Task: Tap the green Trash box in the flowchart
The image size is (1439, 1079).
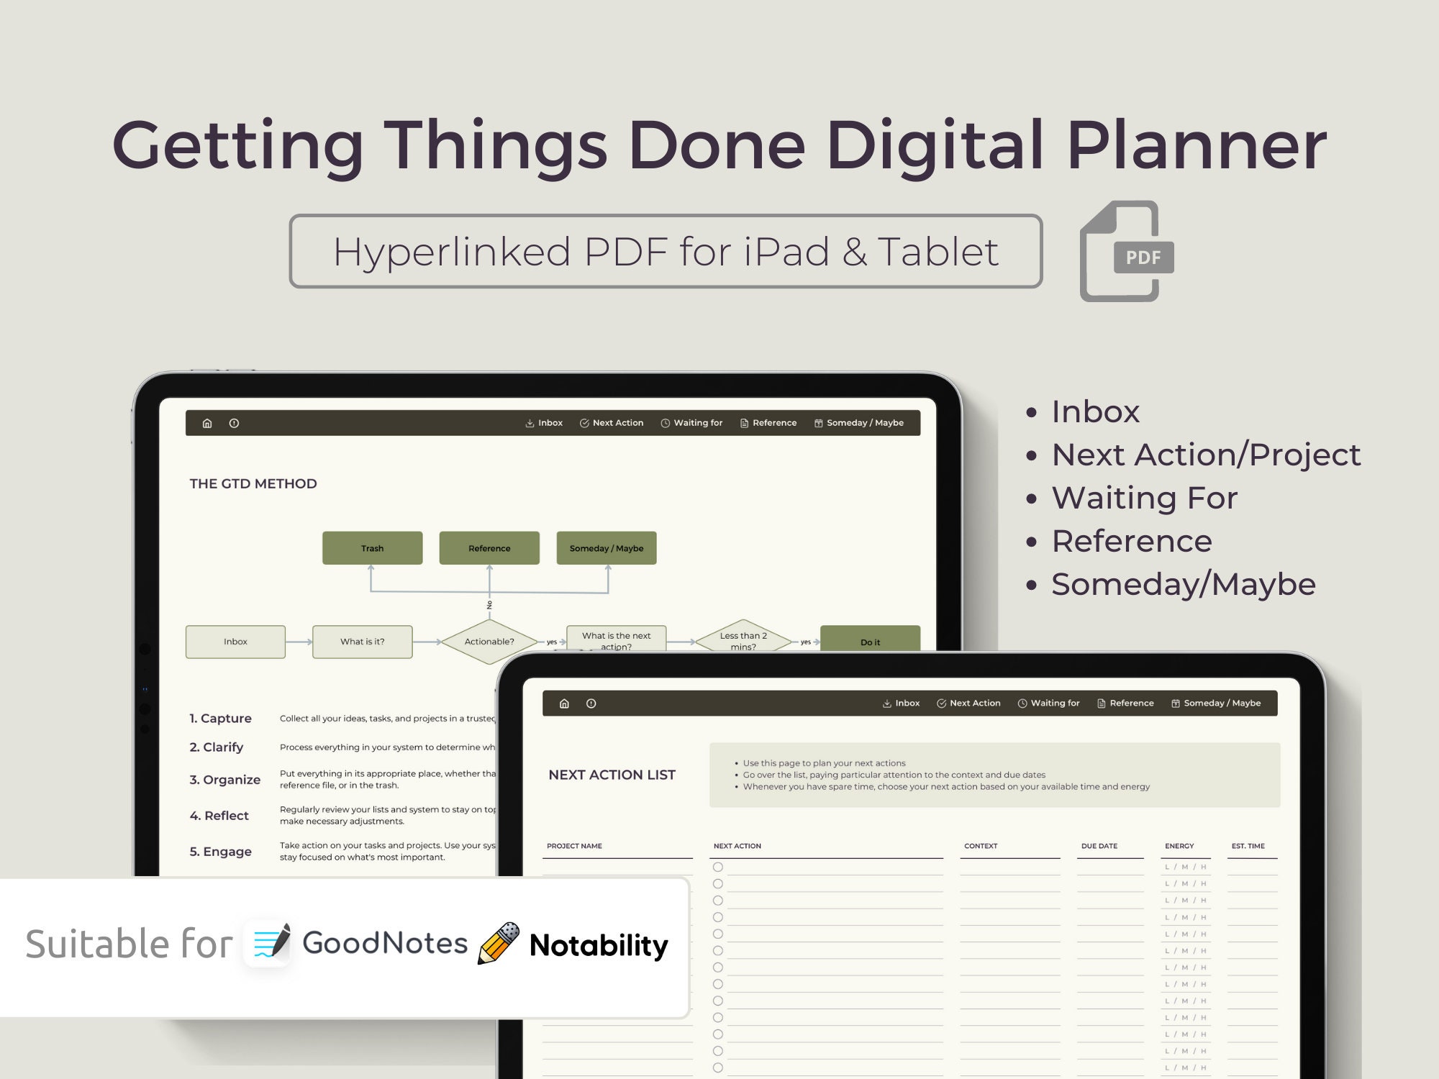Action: tap(372, 548)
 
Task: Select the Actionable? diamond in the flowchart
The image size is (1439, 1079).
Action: tap(489, 641)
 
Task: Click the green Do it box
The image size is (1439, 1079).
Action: tap(870, 640)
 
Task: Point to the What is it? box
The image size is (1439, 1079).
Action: tap(362, 642)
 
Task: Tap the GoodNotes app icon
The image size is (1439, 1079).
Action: tap(268, 943)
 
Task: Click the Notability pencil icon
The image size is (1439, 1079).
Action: tap(499, 943)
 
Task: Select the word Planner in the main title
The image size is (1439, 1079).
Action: tap(1196, 145)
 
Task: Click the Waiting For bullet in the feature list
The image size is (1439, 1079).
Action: tap(1144, 498)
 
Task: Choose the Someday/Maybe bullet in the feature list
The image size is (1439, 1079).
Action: tap(1183, 584)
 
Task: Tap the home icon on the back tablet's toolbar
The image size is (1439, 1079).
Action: tap(207, 423)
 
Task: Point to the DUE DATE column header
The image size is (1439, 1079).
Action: tap(1099, 846)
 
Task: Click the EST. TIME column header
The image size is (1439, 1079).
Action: tap(1248, 846)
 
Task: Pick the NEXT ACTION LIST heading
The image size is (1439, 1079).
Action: tap(612, 775)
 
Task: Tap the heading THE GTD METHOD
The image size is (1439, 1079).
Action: tap(253, 483)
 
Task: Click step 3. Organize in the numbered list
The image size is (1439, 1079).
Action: tap(224, 780)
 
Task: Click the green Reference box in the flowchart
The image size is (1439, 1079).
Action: tap(489, 548)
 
